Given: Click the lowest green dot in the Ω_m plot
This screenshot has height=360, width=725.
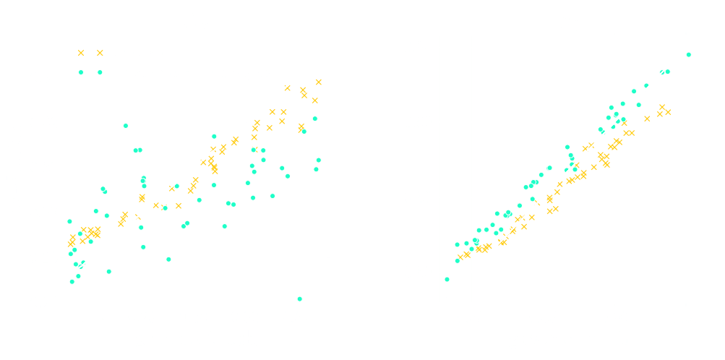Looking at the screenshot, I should click(x=299, y=299).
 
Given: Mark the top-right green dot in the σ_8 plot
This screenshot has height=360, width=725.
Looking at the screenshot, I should click(x=688, y=54).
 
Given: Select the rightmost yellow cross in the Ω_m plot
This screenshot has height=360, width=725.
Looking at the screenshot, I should click(x=319, y=82).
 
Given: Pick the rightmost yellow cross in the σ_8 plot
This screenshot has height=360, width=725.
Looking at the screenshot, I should click(x=668, y=112).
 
